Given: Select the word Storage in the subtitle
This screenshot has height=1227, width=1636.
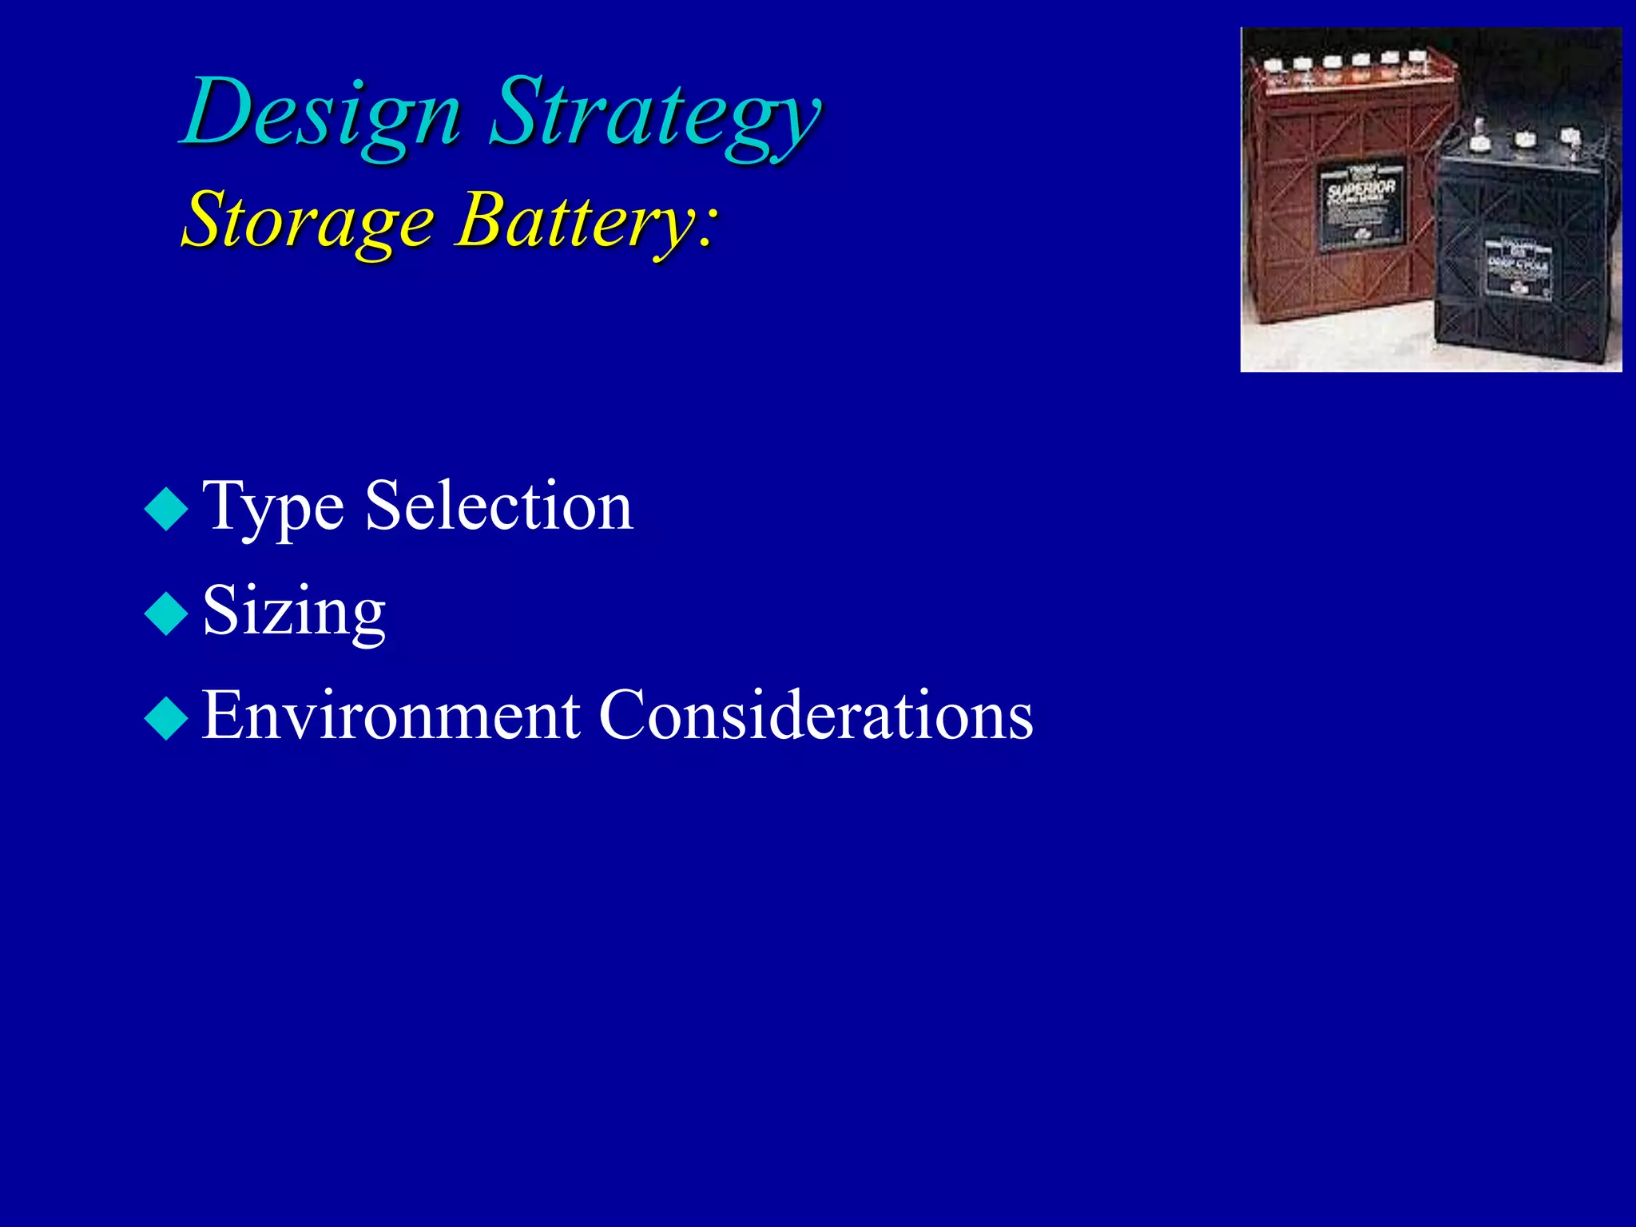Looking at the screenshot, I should [x=308, y=220].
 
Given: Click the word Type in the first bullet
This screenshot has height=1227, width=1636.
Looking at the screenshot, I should [x=272, y=508].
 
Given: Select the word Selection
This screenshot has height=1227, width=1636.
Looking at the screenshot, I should [x=498, y=506].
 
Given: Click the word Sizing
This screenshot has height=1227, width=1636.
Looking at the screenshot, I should [x=293, y=612].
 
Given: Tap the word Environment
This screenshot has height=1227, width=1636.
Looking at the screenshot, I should [x=390, y=715].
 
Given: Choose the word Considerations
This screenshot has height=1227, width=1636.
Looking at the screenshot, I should [x=815, y=715].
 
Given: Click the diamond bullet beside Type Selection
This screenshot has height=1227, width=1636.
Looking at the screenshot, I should [x=166, y=509].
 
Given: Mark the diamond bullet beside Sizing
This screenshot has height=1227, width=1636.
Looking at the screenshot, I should [x=166, y=613].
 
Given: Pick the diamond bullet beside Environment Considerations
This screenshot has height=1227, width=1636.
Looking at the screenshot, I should [x=166, y=717].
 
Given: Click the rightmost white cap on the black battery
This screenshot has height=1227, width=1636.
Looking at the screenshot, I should [x=1570, y=136].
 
